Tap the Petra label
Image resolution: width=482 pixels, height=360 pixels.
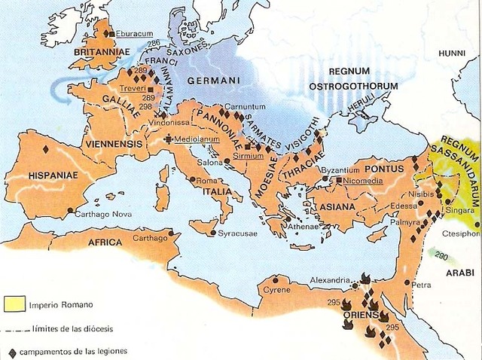coord(421,285)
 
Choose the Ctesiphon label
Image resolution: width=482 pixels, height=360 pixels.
coord(460,233)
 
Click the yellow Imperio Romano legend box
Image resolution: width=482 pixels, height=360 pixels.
coord(13,305)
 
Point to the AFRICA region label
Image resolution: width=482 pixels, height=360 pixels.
coord(105,243)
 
